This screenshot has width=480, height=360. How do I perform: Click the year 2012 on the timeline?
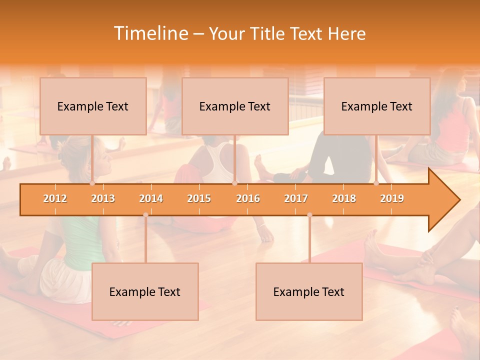click(55, 198)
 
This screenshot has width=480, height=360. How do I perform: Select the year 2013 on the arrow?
click(103, 198)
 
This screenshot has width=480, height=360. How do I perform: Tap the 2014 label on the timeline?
click(151, 198)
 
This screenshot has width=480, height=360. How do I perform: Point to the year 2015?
click(199, 198)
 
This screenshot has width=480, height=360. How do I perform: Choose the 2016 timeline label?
click(248, 198)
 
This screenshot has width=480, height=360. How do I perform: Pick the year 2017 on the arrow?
click(296, 198)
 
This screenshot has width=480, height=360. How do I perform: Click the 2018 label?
click(344, 198)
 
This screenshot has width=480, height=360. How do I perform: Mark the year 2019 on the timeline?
click(392, 198)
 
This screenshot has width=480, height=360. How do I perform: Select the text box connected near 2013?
click(93, 106)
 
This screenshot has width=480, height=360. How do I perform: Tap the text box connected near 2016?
click(235, 106)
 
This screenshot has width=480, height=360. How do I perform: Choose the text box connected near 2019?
click(377, 106)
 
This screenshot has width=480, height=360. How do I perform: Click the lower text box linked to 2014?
click(145, 291)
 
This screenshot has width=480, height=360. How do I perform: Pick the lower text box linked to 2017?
click(309, 291)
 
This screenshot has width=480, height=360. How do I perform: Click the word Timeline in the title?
click(150, 33)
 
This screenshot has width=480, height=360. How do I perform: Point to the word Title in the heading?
click(269, 33)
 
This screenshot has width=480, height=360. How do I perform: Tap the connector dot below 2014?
click(145, 215)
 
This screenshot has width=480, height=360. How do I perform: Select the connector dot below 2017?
click(309, 215)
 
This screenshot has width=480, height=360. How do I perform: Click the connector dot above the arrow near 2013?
click(92, 183)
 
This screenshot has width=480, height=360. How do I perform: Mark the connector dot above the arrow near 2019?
click(376, 183)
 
